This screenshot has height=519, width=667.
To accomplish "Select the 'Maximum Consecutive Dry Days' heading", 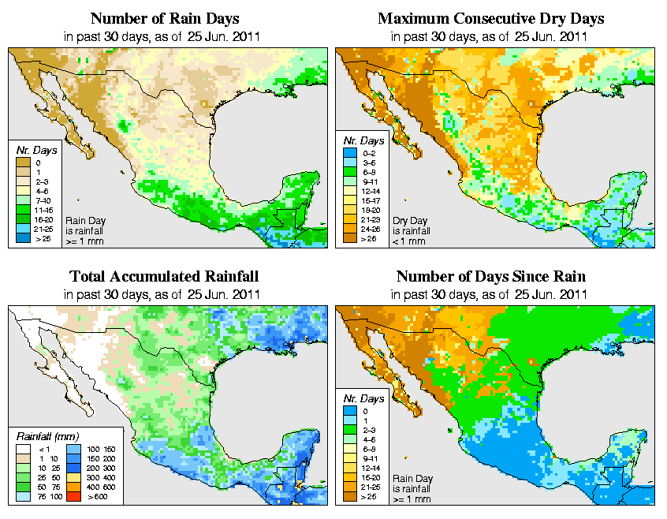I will [490, 18].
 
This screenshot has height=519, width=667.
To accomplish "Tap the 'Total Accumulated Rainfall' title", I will [163, 277].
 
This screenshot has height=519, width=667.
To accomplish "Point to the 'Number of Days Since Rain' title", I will [490, 277].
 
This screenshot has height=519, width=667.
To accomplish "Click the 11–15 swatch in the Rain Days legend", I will [22, 210].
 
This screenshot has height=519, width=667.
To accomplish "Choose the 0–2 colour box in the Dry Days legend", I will [350, 152].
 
